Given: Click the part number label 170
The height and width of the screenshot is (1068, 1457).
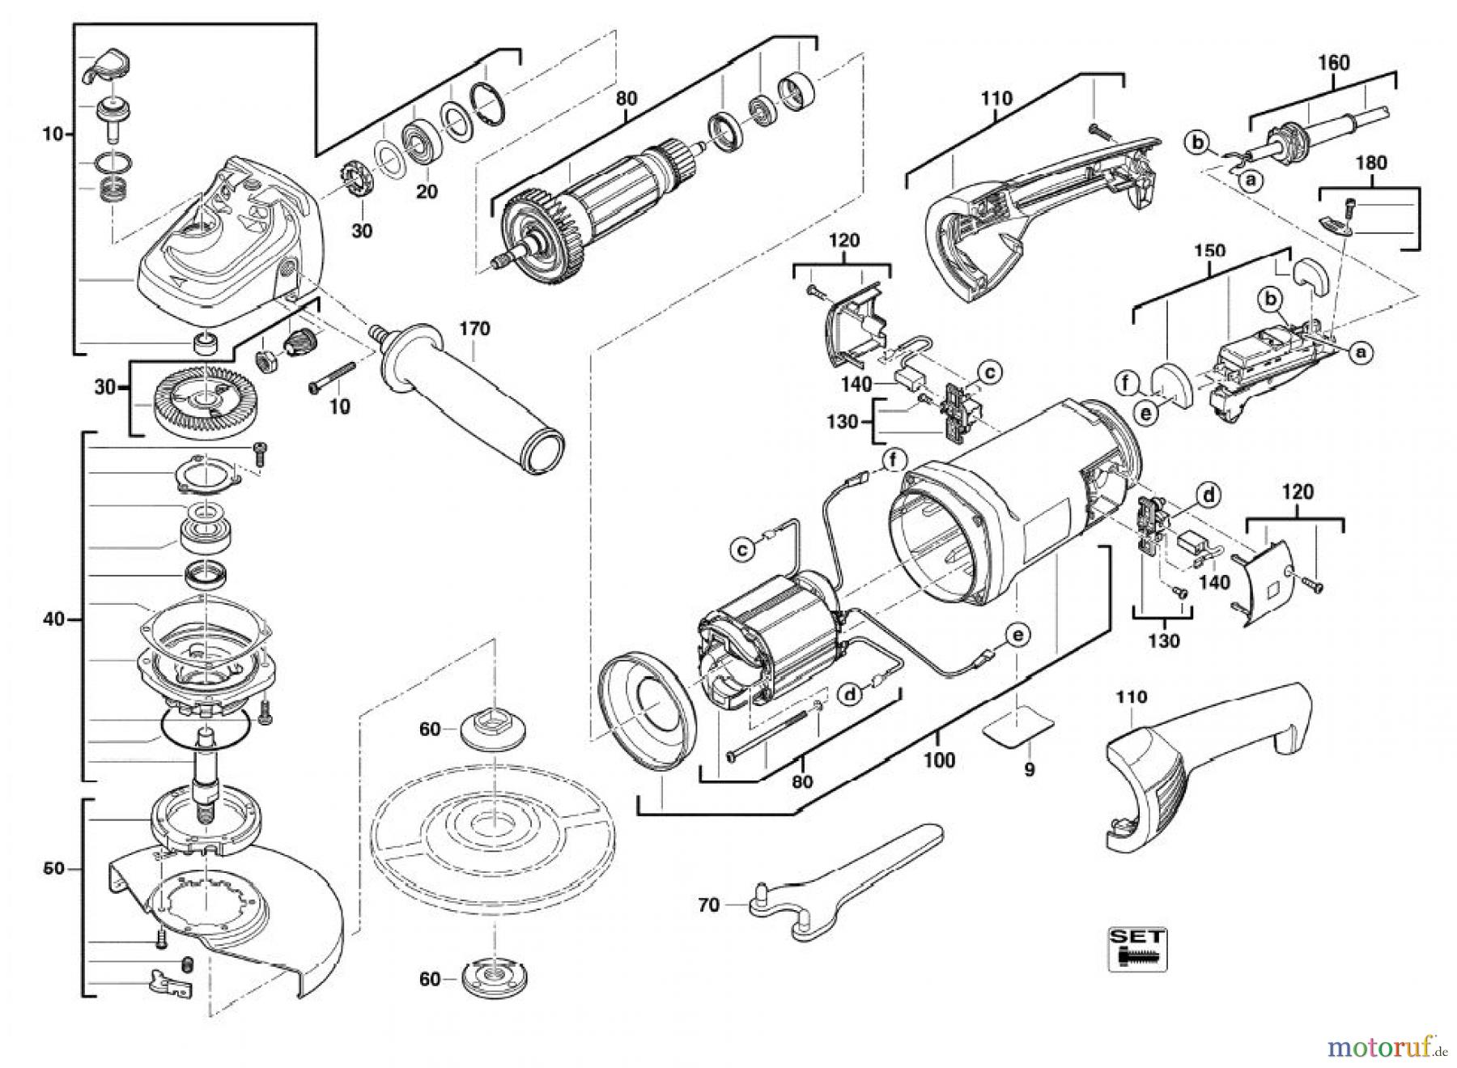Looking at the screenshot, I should [475, 329].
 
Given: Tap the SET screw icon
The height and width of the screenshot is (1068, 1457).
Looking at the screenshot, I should [1137, 948].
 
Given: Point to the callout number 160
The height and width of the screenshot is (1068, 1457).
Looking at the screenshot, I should [1334, 62].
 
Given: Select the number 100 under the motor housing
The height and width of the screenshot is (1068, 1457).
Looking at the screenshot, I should [939, 760].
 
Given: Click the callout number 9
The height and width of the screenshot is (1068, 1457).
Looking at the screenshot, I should [1029, 769].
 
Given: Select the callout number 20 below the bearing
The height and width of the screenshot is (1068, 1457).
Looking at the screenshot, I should [427, 191].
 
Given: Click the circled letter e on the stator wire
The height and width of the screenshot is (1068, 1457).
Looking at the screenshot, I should [1017, 636].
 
